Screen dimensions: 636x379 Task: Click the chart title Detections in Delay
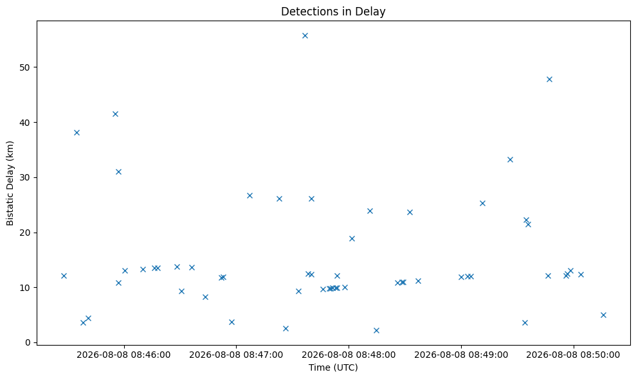[x=333, y=12]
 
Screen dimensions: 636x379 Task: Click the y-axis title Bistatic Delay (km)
[x=10, y=183]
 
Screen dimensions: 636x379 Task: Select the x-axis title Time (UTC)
[x=333, y=367]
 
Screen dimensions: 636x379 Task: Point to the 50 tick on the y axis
[x=25, y=67]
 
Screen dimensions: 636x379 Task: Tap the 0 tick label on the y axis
[x=28, y=342]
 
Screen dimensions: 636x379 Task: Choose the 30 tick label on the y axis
[x=25, y=177]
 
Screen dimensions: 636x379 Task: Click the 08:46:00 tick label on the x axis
[x=123, y=355]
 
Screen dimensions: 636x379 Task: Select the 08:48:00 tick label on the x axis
[x=349, y=355]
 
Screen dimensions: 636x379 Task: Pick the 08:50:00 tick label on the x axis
[x=573, y=355]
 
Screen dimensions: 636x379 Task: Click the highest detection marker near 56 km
[x=305, y=36]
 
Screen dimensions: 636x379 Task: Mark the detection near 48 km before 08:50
[x=549, y=80]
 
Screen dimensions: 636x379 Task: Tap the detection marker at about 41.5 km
[x=115, y=114]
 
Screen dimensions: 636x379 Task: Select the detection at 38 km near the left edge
[x=77, y=132]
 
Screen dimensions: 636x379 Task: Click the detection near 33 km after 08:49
[x=510, y=160]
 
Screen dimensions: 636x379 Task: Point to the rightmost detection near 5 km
[x=603, y=315]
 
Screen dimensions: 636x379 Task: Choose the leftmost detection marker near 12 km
[x=64, y=276]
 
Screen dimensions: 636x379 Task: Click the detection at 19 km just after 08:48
[x=352, y=239]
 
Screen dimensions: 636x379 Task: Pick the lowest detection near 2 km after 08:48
[x=376, y=330]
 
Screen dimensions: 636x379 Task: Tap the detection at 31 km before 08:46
[x=118, y=172]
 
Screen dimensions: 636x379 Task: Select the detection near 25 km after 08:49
[x=483, y=204]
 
